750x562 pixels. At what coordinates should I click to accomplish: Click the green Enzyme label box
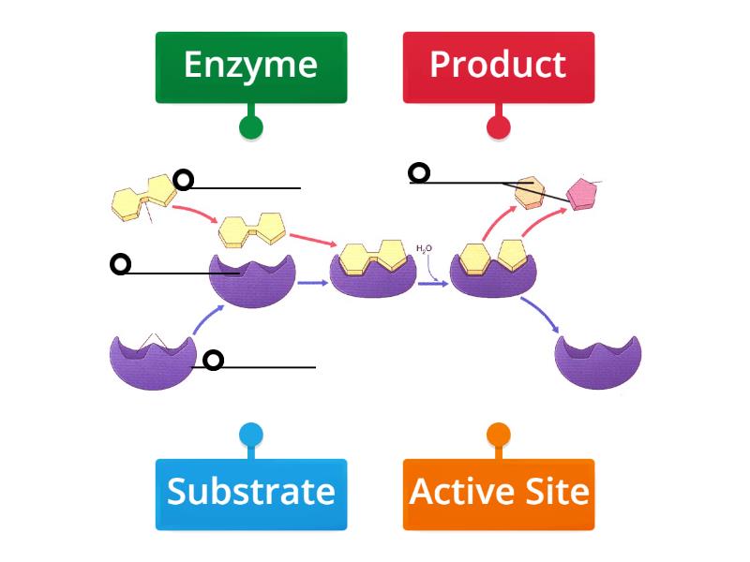250,67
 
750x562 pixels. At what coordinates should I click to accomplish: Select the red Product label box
498,67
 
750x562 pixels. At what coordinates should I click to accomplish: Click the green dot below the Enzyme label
250,127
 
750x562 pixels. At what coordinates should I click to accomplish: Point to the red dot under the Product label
498,127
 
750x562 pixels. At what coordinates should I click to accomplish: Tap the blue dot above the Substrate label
250,435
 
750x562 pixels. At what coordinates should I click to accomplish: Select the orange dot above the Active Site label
498,435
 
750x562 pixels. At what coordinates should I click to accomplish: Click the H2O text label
424,248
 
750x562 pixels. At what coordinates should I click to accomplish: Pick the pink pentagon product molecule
582,193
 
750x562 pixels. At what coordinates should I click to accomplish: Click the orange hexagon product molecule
531,191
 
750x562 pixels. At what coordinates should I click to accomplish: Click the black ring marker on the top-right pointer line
419,172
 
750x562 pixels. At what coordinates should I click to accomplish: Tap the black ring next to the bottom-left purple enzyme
214,360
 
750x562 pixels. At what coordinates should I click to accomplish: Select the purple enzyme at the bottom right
598,362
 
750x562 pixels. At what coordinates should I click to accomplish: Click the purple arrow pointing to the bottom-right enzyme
542,315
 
